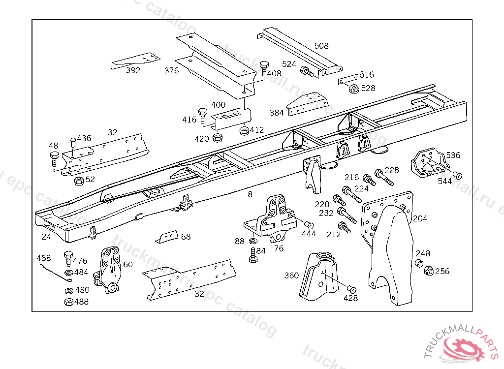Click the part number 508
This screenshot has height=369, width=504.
click(321, 46)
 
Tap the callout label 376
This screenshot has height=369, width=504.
click(172, 70)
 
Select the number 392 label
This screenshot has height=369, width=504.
click(133, 70)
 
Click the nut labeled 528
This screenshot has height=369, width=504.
click(353, 89)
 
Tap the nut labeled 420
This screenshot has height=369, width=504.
click(217, 138)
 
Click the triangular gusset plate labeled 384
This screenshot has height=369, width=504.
click(308, 104)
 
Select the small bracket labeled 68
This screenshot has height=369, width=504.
click(166, 237)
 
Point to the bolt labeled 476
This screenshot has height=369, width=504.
click(68, 258)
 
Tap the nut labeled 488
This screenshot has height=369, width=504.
click(68, 302)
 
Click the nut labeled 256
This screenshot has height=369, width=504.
click(428, 271)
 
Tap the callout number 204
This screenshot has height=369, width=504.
click(420, 218)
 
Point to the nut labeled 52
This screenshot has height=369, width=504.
click(78, 180)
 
